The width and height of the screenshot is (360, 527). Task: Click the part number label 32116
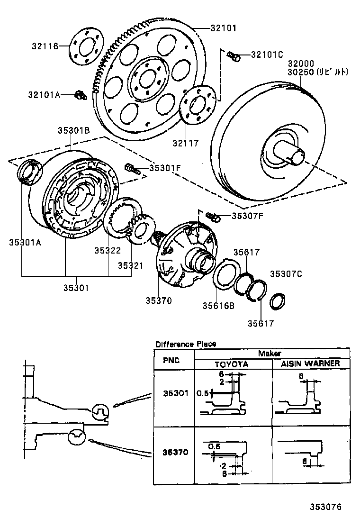coord(45,46)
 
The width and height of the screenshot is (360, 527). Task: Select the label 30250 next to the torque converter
coord(301,72)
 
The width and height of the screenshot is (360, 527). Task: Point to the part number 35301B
coord(74,129)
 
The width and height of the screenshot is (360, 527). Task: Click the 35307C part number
coord(286,273)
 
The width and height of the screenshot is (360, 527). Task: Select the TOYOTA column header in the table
coord(232,364)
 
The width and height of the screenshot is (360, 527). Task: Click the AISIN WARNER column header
coord(310,364)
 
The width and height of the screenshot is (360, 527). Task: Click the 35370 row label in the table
coord(176,452)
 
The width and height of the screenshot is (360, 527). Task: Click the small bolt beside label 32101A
coord(80,95)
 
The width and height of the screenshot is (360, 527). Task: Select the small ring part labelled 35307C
coord(278,300)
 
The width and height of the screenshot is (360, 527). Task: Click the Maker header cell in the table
coord(270,354)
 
